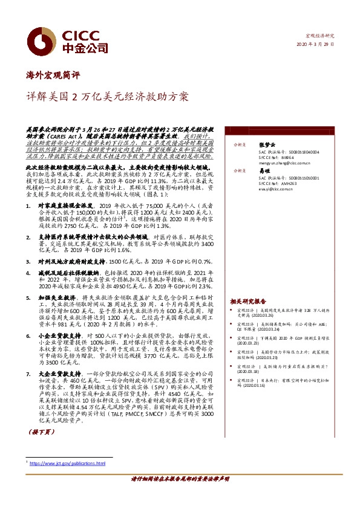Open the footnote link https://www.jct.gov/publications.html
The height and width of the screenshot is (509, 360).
[68, 464]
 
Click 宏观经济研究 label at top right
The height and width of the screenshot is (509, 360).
[321, 37]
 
